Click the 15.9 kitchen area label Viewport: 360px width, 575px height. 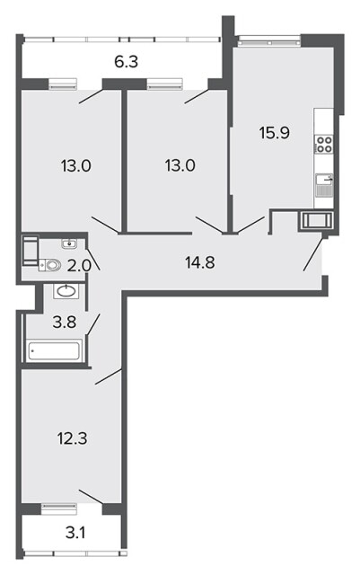click(x=275, y=133)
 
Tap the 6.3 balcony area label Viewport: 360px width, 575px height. click(x=126, y=62)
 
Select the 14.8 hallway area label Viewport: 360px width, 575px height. click(x=200, y=262)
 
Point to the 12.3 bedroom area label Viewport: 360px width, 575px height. click(x=72, y=438)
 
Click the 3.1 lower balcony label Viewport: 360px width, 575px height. click(x=75, y=533)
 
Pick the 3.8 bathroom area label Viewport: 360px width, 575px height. click(x=64, y=323)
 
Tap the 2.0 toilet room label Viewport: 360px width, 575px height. click(x=79, y=265)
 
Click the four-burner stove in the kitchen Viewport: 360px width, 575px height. click(x=324, y=145)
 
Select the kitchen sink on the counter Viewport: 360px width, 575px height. click(x=324, y=180)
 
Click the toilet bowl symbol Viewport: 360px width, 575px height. click(x=50, y=265)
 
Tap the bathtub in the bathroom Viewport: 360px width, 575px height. click(x=55, y=351)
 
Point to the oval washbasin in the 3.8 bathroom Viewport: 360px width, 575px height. click(x=66, y=291)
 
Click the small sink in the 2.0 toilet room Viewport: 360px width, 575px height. click(x=69, y=243)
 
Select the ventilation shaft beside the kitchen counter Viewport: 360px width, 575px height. click(x=316, y=221)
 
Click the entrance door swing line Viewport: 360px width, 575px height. click(x=313, y=253)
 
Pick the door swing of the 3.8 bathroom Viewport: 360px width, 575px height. click(x=93, y=324)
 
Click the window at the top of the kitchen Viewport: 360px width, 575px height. click(x=268, y=40)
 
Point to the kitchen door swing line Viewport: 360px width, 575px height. click(x=250, y=225)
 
